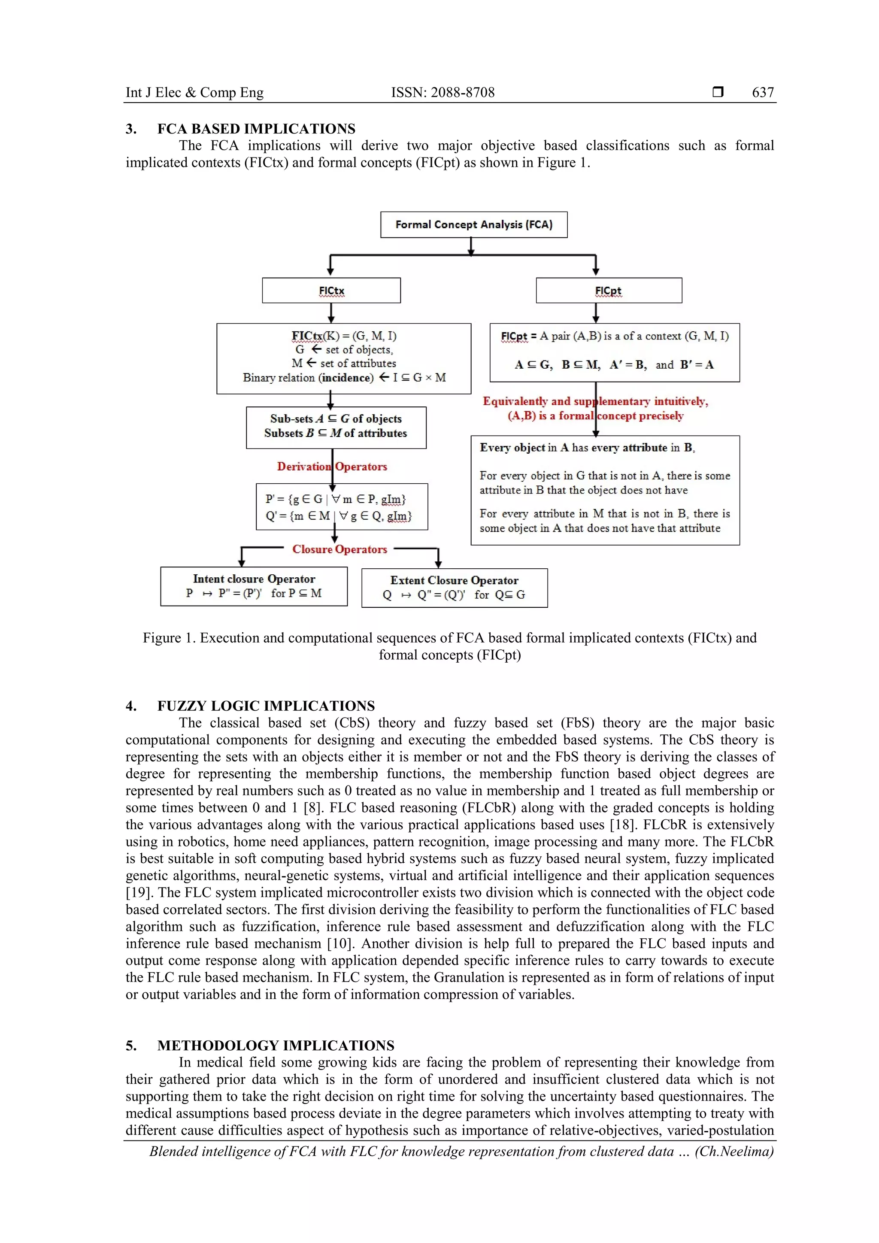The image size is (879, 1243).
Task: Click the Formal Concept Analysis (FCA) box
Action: [x=473, y=224]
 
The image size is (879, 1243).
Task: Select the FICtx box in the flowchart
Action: [x=331, y=291]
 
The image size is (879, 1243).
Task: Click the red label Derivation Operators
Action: [x=332, y=467]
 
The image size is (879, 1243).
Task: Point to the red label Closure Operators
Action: [x=339, y=549]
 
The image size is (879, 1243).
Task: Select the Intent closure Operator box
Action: [x=254, y=586]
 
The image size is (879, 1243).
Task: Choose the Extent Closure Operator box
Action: [x=454, y=588]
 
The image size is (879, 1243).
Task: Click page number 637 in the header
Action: [x=763, y=93]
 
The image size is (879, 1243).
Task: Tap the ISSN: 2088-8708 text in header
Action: [x=443, y=93]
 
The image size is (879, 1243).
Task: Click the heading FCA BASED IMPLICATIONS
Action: [x=256, y=129]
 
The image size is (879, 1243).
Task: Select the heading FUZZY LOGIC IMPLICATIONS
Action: [x=266, y=706]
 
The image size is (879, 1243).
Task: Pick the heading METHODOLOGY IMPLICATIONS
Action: [x=276, y=1046]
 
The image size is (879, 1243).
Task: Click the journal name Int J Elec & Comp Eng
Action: [x=194, y=93]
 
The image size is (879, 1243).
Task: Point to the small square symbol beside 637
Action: [x=718, y=92]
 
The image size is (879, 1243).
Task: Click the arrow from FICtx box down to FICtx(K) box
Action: [x=331, y=313]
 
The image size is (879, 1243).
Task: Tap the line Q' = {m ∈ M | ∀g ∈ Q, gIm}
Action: [x=338, y=516]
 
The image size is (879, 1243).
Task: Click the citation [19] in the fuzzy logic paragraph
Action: [x=135, y=893]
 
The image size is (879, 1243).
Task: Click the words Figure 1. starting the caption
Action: [x=169, y=638]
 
